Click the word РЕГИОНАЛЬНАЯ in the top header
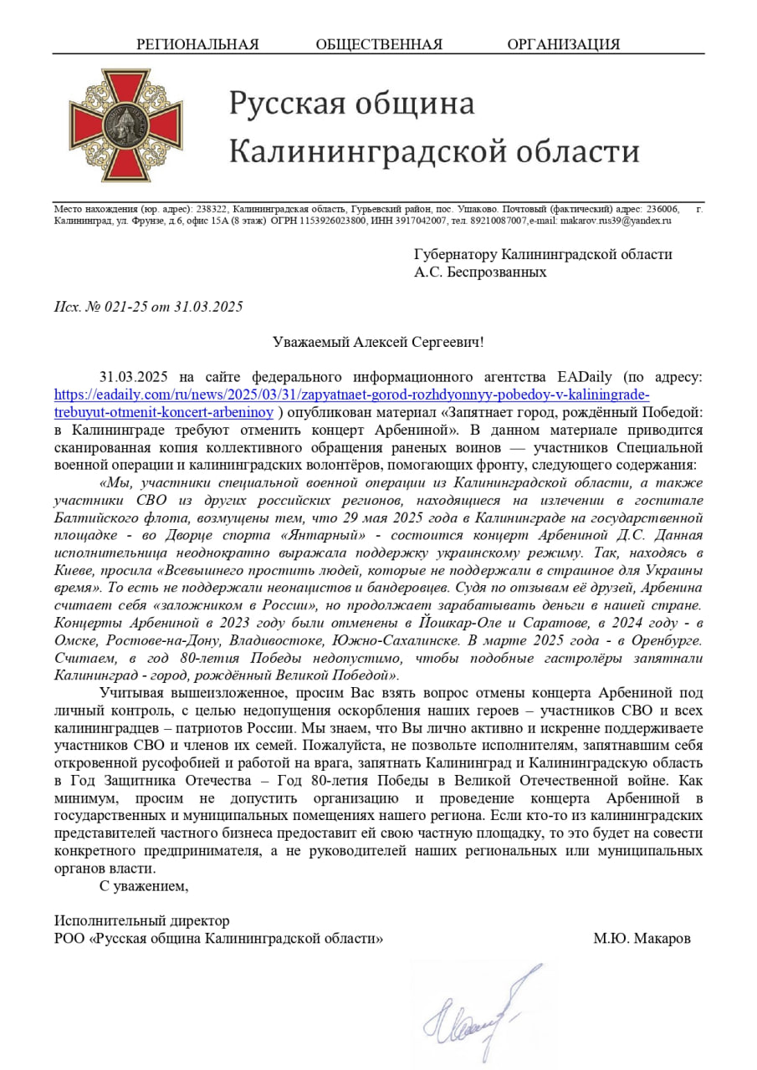(197, 44)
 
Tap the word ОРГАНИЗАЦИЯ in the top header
(563, 44)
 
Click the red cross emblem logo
(125, 125)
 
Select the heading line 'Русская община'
(352, 104)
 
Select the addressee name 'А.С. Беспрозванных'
(480, 272)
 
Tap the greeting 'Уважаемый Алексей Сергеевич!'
(378, 342)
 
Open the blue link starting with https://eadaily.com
(351, 395)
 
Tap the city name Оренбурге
(666, 640)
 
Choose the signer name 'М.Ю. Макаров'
(642, 939)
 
